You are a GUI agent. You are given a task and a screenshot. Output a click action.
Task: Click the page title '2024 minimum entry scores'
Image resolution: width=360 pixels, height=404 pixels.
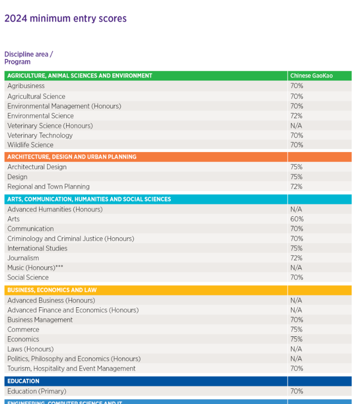66,19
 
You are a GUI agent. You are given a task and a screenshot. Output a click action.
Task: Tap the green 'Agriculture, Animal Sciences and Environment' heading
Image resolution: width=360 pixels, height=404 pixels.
80,76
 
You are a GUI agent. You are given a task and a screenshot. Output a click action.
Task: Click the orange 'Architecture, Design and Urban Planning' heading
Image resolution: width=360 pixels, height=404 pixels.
72,157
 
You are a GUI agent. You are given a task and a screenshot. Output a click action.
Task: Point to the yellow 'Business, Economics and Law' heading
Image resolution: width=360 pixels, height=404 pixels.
52,290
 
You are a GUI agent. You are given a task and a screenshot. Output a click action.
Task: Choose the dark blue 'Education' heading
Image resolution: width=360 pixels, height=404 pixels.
23,381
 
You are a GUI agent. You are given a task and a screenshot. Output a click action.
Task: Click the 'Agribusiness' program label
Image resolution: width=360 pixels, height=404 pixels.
26,86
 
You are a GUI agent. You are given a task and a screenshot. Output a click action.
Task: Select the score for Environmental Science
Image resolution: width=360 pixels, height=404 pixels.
296,116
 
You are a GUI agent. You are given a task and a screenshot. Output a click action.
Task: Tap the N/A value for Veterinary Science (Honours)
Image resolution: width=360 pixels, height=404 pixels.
296,126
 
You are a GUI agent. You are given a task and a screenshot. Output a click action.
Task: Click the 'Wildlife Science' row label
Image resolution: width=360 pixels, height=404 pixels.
30,145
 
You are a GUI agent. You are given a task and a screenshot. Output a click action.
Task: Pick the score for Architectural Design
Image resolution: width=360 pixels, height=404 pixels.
296,167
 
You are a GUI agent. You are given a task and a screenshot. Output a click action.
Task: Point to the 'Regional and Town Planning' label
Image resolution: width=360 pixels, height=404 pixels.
49,187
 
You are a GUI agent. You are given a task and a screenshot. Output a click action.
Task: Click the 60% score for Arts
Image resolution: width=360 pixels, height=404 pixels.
297,219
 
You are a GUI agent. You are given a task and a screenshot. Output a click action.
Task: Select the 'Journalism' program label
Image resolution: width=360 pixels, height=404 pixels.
23,258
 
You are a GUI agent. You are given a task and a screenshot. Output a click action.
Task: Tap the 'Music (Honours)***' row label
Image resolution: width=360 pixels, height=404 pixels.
35,268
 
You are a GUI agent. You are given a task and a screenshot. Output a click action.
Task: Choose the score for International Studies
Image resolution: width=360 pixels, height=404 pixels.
296,248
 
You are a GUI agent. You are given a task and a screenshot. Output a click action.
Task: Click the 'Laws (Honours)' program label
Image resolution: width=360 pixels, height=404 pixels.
30,349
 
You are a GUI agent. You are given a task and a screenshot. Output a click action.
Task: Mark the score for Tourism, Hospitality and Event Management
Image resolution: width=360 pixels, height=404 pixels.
297,368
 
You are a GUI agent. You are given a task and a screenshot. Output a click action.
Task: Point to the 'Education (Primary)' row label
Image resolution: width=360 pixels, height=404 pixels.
37,391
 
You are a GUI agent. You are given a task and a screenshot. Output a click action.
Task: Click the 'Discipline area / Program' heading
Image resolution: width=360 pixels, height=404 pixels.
29,58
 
